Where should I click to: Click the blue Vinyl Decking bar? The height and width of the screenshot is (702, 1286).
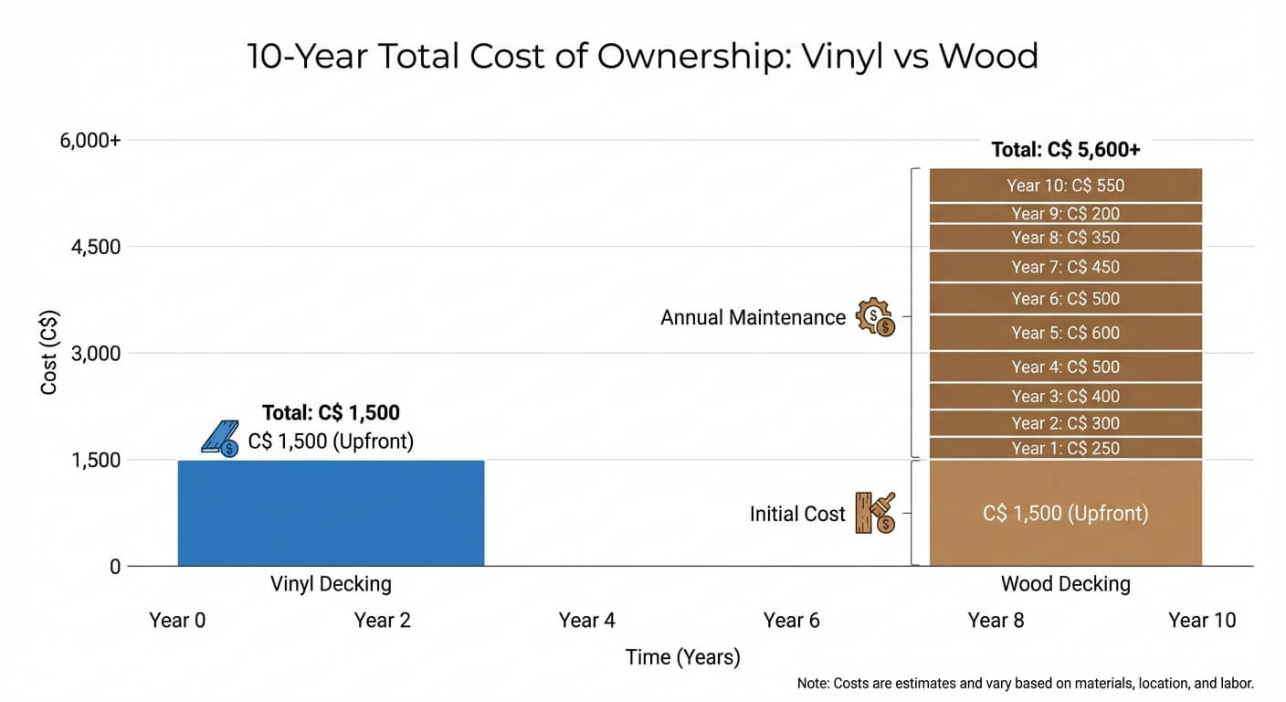tap(331, 513)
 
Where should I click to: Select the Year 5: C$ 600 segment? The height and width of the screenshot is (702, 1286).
tap(1065, 333)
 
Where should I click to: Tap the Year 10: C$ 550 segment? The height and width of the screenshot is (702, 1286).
tap(1065, 186)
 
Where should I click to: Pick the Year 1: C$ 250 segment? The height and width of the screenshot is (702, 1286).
tap(1065, 448)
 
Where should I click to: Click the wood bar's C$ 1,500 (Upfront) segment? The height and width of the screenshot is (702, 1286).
tap(1065, 514)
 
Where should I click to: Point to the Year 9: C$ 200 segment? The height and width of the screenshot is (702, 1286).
tap(1065, 214)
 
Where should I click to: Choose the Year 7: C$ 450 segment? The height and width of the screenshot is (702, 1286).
tap(1065, 267)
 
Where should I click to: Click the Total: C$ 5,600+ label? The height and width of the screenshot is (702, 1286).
tap(1065, 150)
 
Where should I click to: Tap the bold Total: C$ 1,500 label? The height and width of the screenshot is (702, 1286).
tap(331, 412)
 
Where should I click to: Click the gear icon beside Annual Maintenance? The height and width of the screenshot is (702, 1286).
tap(875, 317)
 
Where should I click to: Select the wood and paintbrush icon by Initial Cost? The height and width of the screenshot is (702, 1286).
tap(875, 513)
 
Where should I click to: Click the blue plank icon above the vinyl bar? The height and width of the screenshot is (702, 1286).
tap(220, 439)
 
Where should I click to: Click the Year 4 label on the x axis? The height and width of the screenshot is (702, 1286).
tap(586, 621)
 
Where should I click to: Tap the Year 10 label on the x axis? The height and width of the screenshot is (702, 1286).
tap(1201, 621)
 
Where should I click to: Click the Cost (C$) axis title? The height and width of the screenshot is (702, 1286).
tap(49, 353)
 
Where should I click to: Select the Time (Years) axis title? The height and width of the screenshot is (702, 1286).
tap(682, 657)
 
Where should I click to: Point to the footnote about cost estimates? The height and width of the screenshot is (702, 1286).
tap(1025, 683)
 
